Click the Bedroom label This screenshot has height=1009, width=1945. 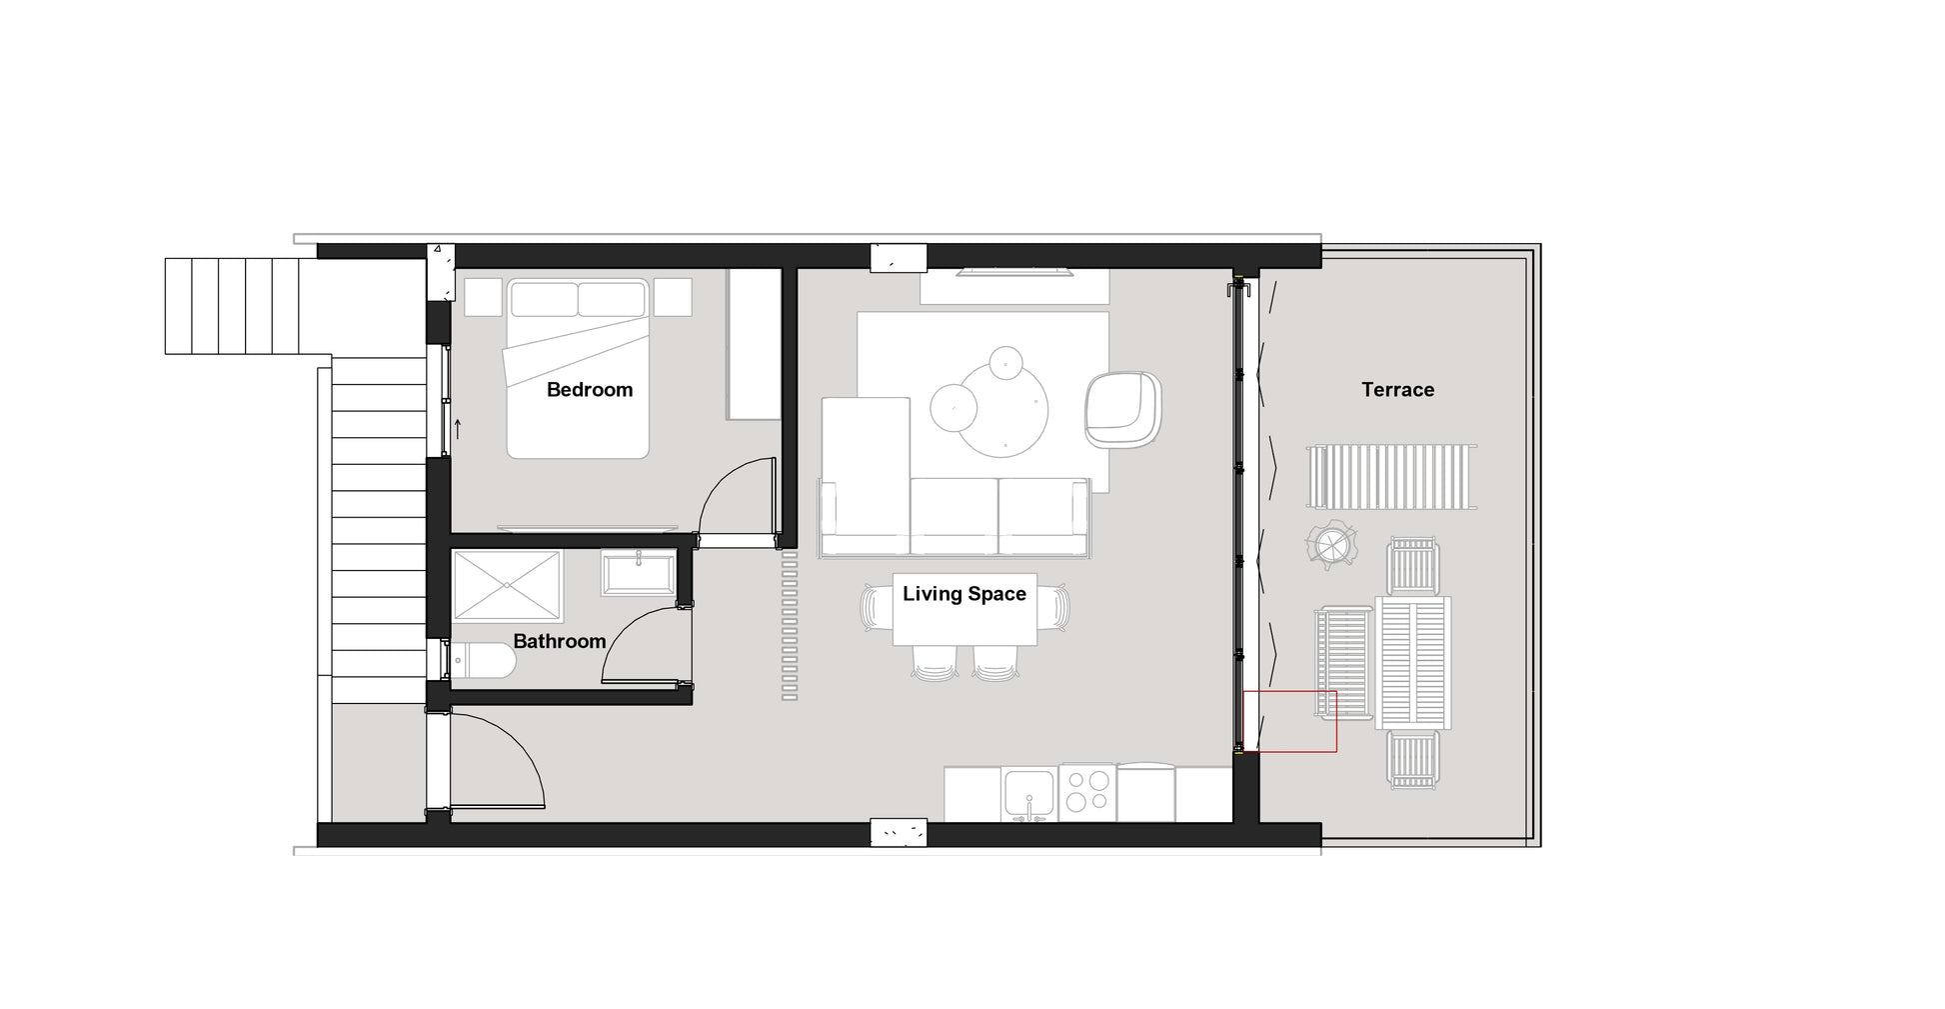point(590,390)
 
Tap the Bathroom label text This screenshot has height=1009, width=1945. point(560,641)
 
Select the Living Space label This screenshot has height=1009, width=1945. point(965,594)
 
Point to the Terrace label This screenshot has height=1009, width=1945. point(1397,390)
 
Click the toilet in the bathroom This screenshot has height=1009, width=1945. point(484,660)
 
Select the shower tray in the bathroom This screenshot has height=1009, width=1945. point(507,586)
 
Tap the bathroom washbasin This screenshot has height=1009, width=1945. point(639,573)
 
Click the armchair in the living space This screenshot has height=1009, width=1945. point(1123,410)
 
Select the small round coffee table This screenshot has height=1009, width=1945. point(954,408)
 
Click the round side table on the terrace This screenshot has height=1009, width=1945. point(1331,545)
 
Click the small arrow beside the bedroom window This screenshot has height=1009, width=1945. point(458,429)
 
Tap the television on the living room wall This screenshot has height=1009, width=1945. point(1014,270)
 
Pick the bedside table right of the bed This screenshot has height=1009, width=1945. point(673,297)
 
